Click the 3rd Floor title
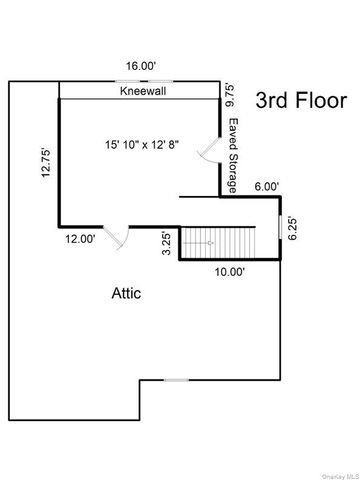[x=301, y=101]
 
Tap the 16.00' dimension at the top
[x=140, y=66]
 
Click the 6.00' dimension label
[x=267, y=187]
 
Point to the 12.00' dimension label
[x=81, y=239]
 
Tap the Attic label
[x=125, y=294]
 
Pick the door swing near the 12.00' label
[x=116, y=238]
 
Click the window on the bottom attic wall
[x=176, y=379]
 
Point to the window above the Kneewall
[x=140, y=81]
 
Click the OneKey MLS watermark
[x=336, y=473]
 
